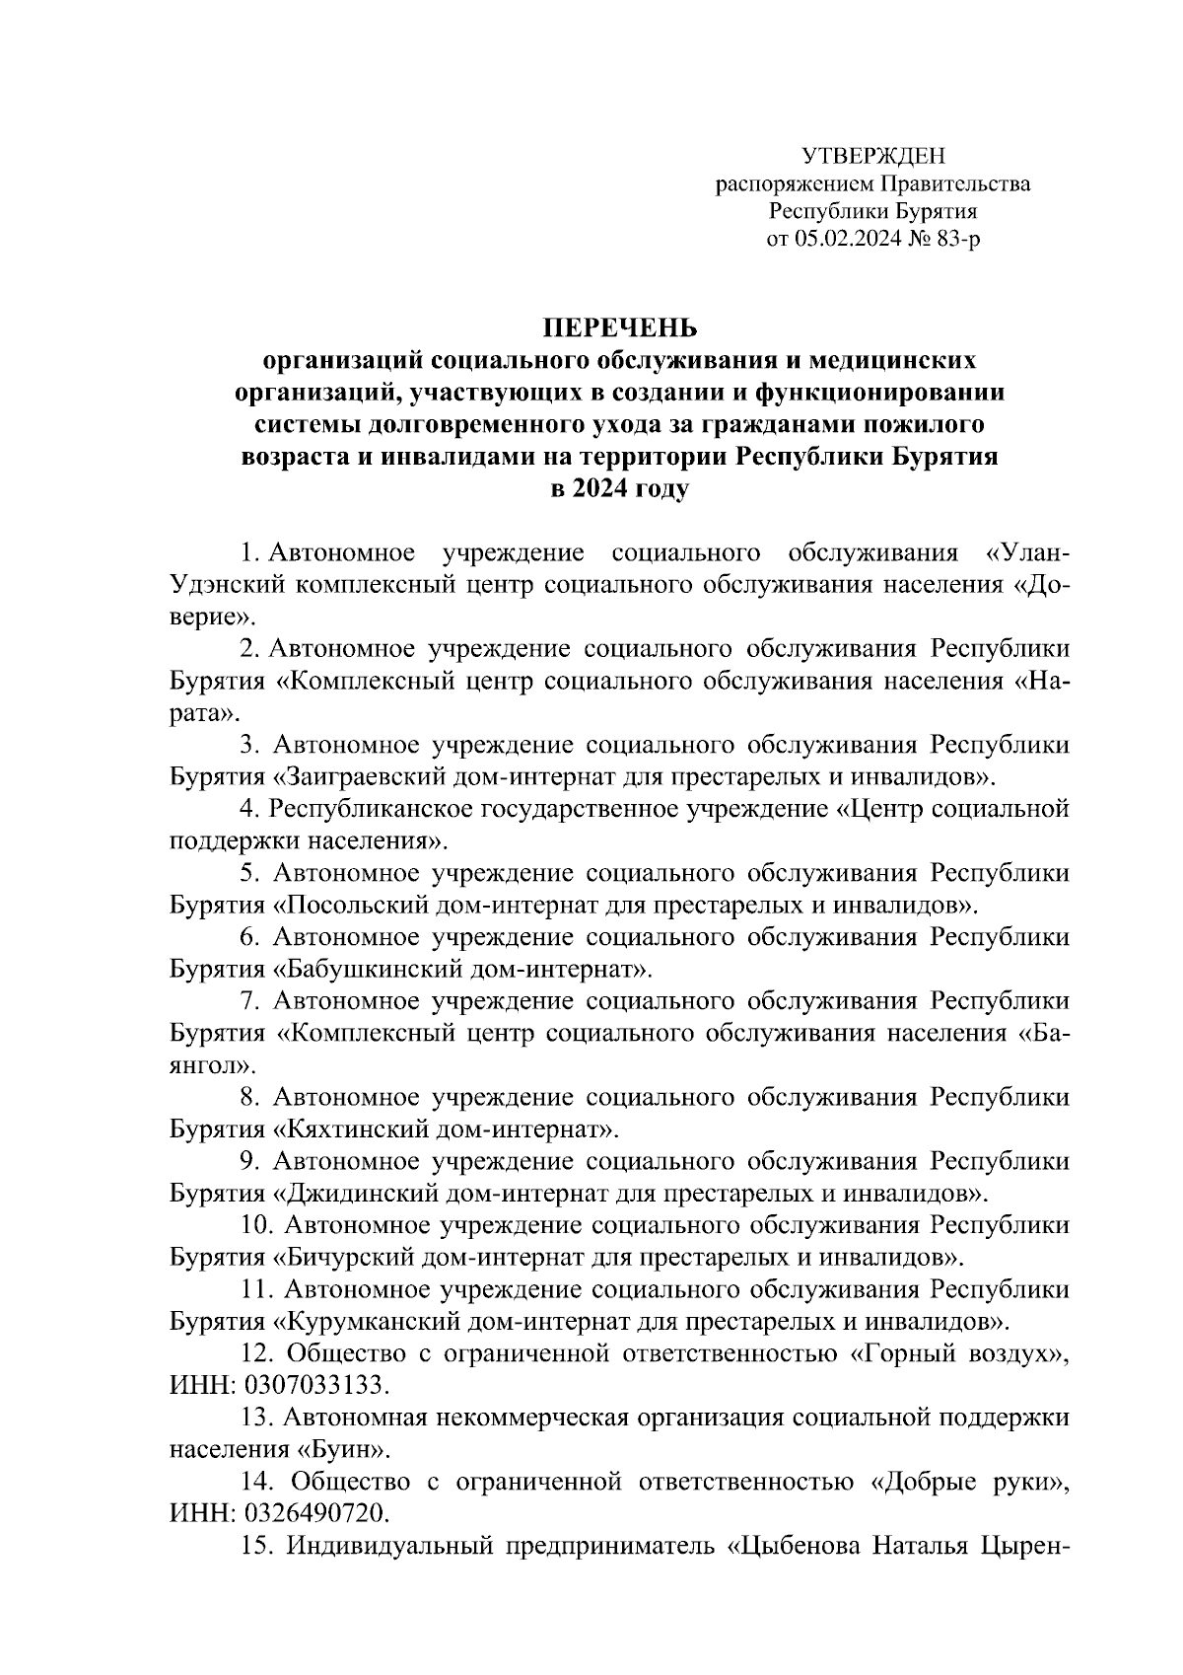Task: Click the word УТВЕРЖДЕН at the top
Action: (873, 156)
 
